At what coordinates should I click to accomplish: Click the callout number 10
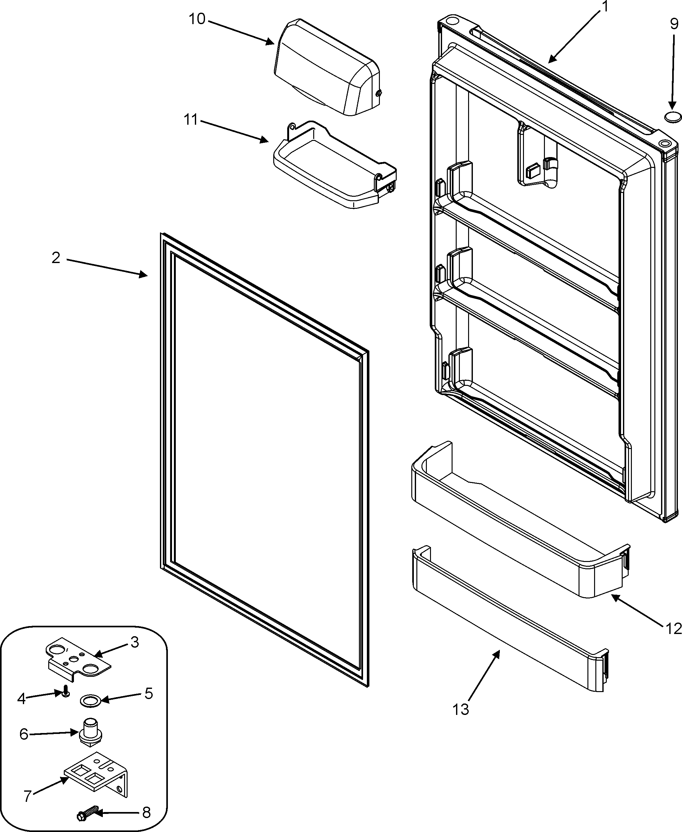tap(197, 19)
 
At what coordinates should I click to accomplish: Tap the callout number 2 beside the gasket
tap(56, 258)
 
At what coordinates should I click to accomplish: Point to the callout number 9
tap(674, 24)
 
